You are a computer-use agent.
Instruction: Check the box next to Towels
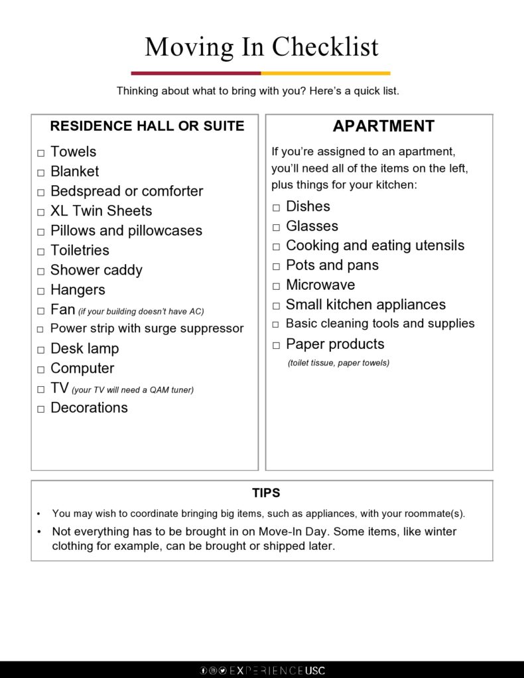pyautogui.click(x=40, y=153)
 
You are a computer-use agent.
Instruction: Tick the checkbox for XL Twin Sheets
pyautogui.click(x=40, y=212)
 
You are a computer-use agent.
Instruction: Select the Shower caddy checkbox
pyautogui.click(x=40, y=271)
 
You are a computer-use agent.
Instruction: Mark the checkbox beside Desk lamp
pyautogui.click(x=40, y=350)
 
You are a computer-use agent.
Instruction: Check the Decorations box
pyautogui.click(x=40, y=409)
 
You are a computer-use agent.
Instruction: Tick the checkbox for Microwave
pyautogui.click(x=276, y=287)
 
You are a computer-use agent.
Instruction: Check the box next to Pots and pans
pyautogui.click(x=276, y=267)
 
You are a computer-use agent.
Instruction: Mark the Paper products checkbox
pyautogui.click(x=276, y=346)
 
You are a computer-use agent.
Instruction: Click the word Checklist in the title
pyautogui.click(x=325, y=47)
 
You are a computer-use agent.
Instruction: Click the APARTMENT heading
pyautogui.click(x=383, y=126)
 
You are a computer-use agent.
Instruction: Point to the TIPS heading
pyautogui.click(x=266, y=493)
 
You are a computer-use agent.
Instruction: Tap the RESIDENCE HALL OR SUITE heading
pyautogui.click(x=147, y=126)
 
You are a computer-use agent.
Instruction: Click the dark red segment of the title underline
pyautogui.click(x=196, y=73)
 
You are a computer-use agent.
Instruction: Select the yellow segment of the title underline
pyautogui.click(x=326, y=73)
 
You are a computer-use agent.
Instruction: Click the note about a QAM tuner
pyautogui.click(x=133, y=390)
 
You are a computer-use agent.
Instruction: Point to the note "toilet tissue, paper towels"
pyautogui.click(x=338, y=363)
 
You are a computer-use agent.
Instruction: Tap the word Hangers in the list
pyautogui.click(x=78, y=290)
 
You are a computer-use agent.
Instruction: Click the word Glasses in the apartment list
pyautogui.click(x=312, y=226)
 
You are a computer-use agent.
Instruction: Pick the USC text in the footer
pyautogui.click(x=316, y=671)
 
